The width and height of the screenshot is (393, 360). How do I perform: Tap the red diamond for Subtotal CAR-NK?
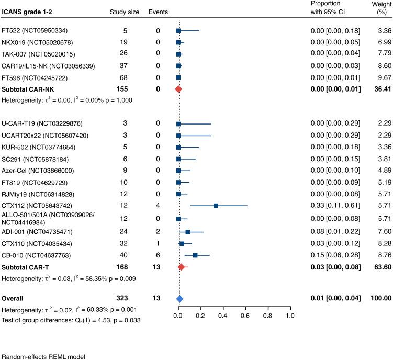click(x=178, y=89)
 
